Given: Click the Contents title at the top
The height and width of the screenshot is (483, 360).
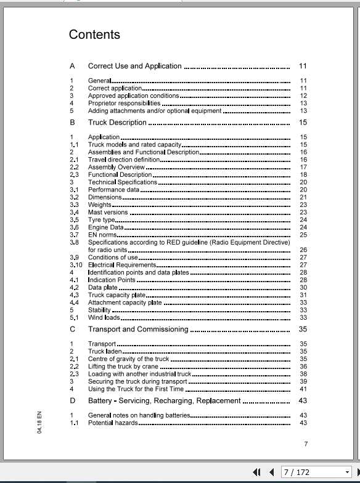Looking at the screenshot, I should pyautogui.click(x=94, y=35).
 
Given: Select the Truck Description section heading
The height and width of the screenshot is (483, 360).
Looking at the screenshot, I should pyautogui.click(x=117, y=123).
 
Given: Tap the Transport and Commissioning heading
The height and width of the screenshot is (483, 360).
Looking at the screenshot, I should pyautogui.click(x=137, y=330).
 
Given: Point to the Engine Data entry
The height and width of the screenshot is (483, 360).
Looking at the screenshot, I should pyautogui.click(x=105, y=227).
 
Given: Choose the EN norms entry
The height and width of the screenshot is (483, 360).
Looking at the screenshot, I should pyautogui.click(x=102, y=235).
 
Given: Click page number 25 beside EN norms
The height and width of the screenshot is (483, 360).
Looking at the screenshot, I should pyautogui.click(x=303, y=235).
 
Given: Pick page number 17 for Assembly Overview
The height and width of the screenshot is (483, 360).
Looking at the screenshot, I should pyautogui.click(x=303, y=167).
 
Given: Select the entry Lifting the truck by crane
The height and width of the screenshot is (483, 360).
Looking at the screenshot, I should pyautogui.click(x=123, y=367).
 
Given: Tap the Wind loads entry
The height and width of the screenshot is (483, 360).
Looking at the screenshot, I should pyautogui.click(x=104, y=318).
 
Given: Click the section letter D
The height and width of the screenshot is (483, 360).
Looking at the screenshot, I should pyautogui.click(x=73, y=401).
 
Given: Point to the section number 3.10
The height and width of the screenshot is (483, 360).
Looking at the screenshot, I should pyautogui.click(x=76, y=265).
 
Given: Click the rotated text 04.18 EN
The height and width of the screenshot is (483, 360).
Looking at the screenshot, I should pyautogui.click(x=39, y=423).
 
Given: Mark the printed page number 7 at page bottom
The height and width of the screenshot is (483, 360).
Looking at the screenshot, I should pyautogui.click(x=306, y=444).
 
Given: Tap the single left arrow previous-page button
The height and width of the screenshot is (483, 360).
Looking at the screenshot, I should pyautogui.click(x=271, y=473).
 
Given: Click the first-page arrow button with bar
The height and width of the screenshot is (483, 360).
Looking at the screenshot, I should pyautogui.click(x=257, y=473).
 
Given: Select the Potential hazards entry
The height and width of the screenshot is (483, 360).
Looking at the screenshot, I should pyautogui.click(x=113, y=423).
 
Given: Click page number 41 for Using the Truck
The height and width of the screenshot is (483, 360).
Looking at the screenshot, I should pyautogui.click(x=303, y=389).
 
